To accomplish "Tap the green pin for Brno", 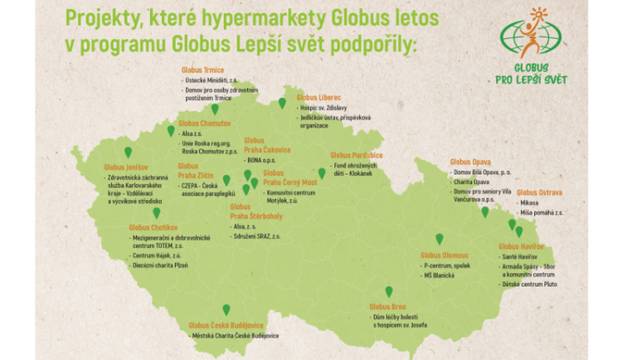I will coord(388,291).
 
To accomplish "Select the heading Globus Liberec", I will coord(318,98).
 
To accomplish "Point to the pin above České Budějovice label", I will coord(226,309).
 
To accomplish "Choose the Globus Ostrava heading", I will coord(539,192).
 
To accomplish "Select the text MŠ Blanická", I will coord(440,275).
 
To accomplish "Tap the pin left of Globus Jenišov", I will coord(128,152).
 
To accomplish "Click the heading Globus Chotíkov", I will coord(152,226).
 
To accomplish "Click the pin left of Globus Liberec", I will coord(282,103).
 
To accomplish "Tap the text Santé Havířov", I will coord(521,257).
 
